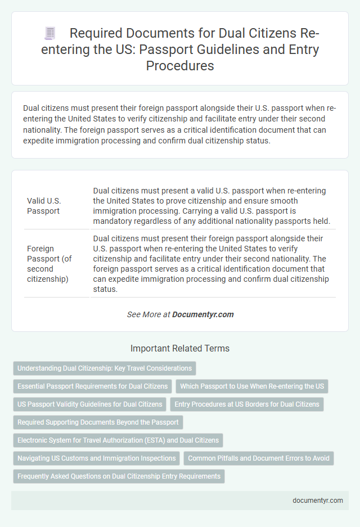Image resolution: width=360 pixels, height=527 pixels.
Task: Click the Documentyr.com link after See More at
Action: pyautogui.click(x=204, y=314)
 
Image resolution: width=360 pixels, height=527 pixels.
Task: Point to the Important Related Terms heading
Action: pyautogui.click(x=180, y=349)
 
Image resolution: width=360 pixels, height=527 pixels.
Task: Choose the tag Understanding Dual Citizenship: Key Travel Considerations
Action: pyautogui.click(x=105, y=368)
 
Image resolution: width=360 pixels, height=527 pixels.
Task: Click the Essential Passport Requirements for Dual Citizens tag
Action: pyautogui.click(x=92, y=386)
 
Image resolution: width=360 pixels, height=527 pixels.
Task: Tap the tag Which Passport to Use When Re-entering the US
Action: pyautogui.click(x=252, y=386)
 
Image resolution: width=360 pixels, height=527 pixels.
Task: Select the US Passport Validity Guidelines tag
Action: pyautogui.click(x=90, y=404)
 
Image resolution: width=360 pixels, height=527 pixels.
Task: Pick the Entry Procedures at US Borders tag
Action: pyautogui.click(x=246, y=404)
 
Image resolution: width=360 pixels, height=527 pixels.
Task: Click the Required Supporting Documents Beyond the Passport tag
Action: pyautogui.click(x=97, y=422)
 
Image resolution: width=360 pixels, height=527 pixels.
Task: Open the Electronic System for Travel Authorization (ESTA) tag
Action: pyautogui.click(x=118, y=440)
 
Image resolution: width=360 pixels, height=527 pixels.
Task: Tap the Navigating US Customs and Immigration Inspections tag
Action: pyautogui.click(x=96, y=458)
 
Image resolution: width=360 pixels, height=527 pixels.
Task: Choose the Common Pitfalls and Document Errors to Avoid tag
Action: pyautogui.click(x=259, y=458)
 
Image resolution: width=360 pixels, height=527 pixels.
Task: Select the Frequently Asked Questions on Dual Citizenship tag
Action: pyautogui.click(x=118, y=476)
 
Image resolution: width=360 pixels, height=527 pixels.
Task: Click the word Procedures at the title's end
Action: pyautogui.click(x=180, y=65)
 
